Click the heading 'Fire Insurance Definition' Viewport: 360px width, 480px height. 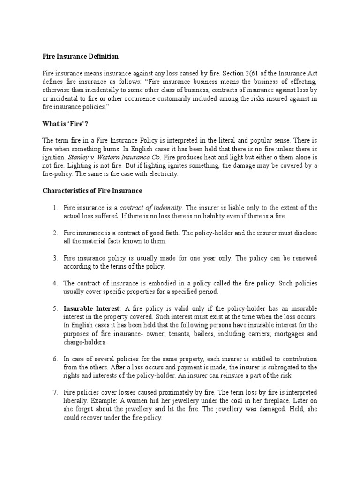[80, 57]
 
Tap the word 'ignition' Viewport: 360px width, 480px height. [53, 157]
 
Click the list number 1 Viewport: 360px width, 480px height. [54, 208]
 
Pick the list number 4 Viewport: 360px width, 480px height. [54, 284]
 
